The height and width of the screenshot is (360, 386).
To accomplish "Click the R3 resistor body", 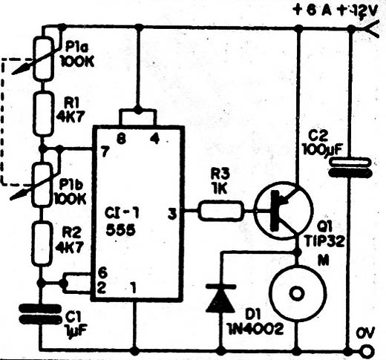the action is coord(221,211).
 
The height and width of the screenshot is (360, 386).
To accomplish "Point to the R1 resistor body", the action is coord(43,114).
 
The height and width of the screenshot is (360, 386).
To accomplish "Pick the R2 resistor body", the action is coord(42,243).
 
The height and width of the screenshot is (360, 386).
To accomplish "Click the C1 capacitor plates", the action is coord(41,314).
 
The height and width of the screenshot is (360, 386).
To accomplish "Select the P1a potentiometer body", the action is coord(44,59).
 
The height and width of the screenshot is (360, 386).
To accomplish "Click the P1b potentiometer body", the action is coord(42,184).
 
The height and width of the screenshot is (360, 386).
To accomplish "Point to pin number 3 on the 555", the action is coord(172,214).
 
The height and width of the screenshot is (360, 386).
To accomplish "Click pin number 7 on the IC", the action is coord(105,151).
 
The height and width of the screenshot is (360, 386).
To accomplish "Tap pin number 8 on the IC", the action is coord(121,139).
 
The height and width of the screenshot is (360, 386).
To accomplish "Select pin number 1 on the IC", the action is coord(134,288).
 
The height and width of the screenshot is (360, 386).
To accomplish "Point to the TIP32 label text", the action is coord(324,240).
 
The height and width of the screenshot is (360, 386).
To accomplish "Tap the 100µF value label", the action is coord(321,149).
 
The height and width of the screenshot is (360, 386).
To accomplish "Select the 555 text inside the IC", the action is coord(120,230).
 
